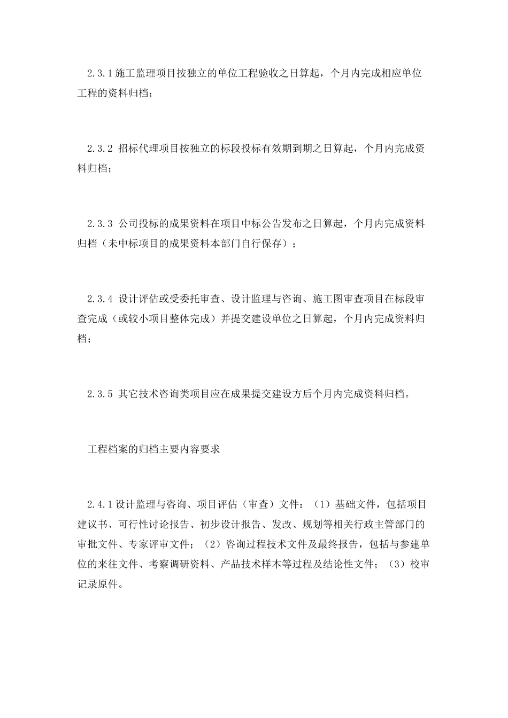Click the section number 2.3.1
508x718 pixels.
[100, 73]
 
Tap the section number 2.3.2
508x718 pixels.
[100, 149]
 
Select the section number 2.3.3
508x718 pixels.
[100, 223]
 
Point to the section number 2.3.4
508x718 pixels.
[100, 298]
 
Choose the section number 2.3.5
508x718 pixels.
[100, 395]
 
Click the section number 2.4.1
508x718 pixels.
[100, 504]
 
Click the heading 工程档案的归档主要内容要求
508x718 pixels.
[153, 449]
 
